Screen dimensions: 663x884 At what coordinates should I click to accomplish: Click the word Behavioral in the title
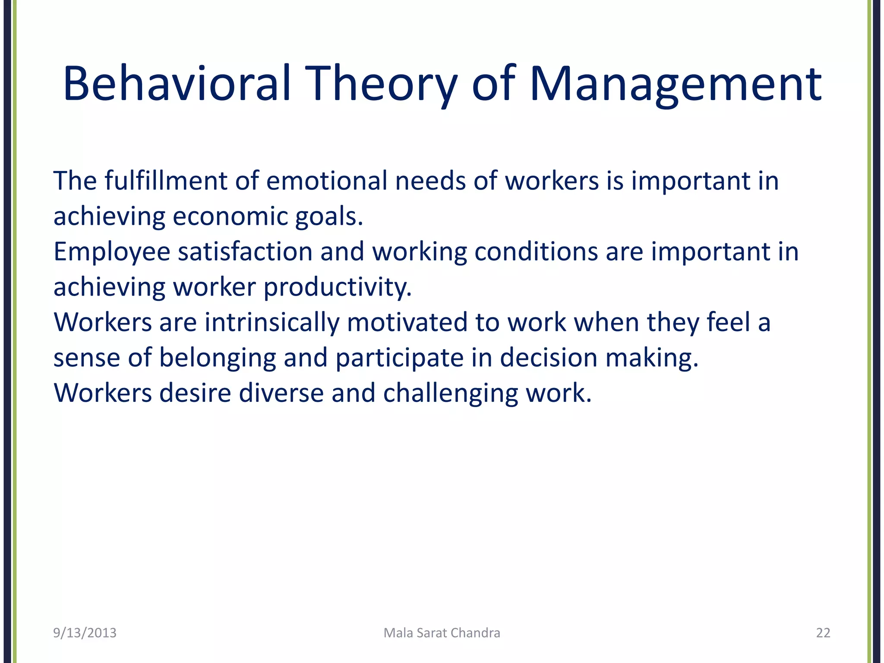point(177,84)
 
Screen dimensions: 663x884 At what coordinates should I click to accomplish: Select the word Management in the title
point(676,84)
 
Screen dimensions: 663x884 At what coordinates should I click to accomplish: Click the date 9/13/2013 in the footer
point(85,633)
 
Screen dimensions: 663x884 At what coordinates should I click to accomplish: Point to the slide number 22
point(823,633)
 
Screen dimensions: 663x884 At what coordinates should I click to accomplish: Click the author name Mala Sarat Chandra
point(442,633)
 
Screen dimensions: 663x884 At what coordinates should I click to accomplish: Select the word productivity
point(338,287)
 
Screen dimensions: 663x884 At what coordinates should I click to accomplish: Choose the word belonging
point(218,358)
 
